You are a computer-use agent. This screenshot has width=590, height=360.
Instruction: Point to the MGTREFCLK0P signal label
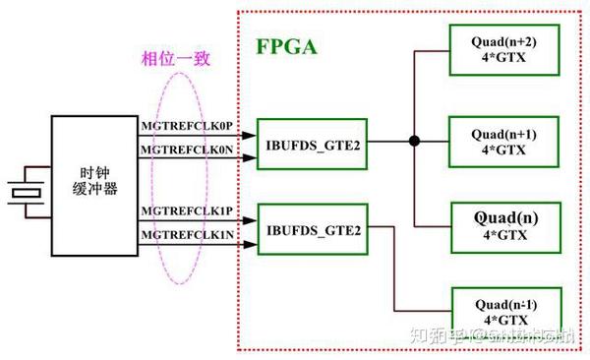click(x=187, y=127)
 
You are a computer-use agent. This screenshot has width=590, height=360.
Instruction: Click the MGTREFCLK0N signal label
click(x=187, y=150)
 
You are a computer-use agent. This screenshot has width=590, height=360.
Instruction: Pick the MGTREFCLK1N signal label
click(x=187, y=236)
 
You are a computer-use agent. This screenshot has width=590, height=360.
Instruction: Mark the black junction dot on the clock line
click(x=415, y=142)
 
